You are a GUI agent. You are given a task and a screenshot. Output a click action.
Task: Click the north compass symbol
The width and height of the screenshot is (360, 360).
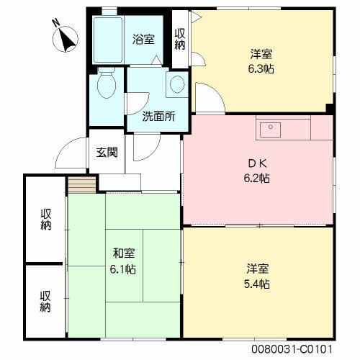click(x=66, y=39)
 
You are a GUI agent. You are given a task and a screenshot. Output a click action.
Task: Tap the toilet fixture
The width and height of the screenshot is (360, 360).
click(x=107, y=83)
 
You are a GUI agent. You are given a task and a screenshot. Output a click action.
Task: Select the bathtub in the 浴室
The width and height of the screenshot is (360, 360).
click(x=108, y=40)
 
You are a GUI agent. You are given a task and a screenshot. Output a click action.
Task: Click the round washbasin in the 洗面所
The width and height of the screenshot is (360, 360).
click(x=177, y=84)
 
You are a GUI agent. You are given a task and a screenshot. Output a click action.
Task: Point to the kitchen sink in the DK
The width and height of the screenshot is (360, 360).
click(x=271, y=130)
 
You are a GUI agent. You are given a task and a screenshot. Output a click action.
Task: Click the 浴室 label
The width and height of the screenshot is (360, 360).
click(x=143, y=40)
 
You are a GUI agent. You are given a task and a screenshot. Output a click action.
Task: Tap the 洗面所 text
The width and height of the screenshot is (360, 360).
click(x=158, y=117)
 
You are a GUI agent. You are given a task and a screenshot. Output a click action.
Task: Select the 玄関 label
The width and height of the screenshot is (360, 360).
click(x=107, y=152)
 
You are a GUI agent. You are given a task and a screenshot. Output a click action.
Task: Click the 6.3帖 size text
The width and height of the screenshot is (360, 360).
click(x=261, y=69)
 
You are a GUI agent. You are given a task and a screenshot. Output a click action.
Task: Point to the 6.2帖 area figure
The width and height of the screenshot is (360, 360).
click(x=257, y=179)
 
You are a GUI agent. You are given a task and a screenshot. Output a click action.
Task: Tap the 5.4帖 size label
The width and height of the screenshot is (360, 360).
click(x=257, y=284)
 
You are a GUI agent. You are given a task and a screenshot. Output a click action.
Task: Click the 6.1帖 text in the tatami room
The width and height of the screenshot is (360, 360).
click(x=123, y=269)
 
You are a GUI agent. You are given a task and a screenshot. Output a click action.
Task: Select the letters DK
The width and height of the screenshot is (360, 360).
click(x=257, y=163)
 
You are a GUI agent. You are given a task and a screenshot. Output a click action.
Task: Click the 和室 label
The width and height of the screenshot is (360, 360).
click(x=124, y=253)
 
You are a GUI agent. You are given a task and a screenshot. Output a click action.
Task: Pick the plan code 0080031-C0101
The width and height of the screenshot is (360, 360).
click(x=292, y=349)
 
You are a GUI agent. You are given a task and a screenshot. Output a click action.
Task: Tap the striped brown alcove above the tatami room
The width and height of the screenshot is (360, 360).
click(x=82, y=184)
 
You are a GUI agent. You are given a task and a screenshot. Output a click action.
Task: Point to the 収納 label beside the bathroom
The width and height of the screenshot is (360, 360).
click(x=180, y=39)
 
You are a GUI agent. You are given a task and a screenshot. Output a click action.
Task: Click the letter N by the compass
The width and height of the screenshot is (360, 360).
click(x=56, y=23)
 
